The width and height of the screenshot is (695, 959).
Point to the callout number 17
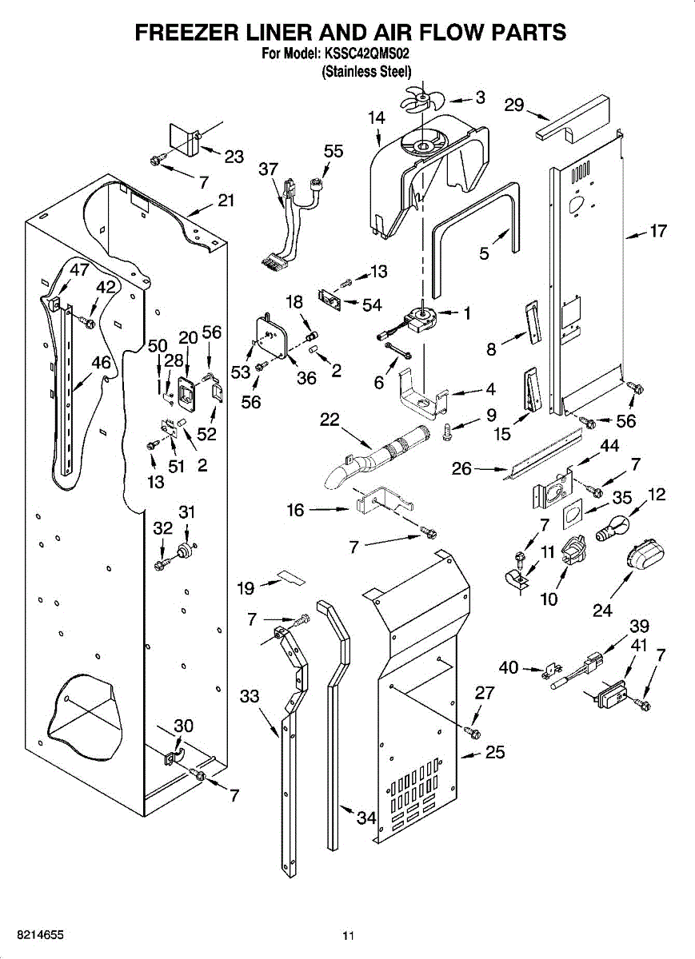[657, 233]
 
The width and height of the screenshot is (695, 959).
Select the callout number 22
[330, 420]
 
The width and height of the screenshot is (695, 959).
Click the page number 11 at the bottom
[348, 936]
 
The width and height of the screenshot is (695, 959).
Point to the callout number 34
[366, 818]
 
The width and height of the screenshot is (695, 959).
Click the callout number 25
[495, 752]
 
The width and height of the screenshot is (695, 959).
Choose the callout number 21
[226, 201]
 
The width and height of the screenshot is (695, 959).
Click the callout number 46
[101, 363]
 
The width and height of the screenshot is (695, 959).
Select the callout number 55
[334, 152]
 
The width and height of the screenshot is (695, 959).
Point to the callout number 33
[250, 696]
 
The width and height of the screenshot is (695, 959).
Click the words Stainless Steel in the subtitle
[366, 71]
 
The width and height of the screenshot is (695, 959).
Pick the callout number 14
[376, 117]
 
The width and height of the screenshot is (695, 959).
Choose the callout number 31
[186, 511]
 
